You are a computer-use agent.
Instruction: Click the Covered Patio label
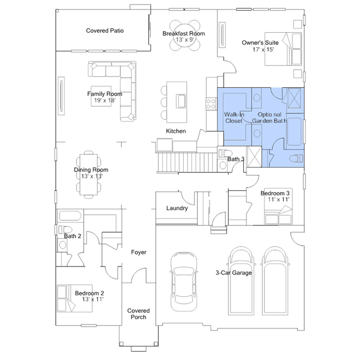click(x=105, y=30)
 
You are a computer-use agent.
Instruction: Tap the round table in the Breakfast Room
click(x=185, y=35)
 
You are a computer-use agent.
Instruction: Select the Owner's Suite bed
click(x=283, y=49)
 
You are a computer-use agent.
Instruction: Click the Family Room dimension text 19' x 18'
click(x=105, y=100)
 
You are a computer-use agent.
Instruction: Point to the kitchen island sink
click(x=181, y=101)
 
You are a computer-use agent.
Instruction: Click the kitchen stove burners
click(x=211, y=104)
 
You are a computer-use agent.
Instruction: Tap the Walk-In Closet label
click(x=234, y=118)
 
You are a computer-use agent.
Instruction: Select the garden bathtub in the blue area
click(x=294, y=132)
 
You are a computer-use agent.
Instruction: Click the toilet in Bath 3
click(x=225, y=153)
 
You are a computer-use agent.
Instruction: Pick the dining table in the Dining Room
click(x=88, y=175)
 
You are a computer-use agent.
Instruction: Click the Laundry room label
click(x=177, y=208)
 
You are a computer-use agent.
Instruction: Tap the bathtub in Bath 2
click(x=70, y=216)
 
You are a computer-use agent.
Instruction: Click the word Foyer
click(x=139, y=252)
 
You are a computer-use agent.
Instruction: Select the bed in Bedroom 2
click(x=74, y=299)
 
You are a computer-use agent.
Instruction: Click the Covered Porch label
click(x=139, y=314)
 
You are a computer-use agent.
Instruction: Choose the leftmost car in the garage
click(x=184, y=282)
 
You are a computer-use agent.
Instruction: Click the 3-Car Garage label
click(x=234, y=273)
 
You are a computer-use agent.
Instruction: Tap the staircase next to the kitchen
click(x=188, y=162)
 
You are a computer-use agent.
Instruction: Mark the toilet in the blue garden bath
click(x=296, y=159)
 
